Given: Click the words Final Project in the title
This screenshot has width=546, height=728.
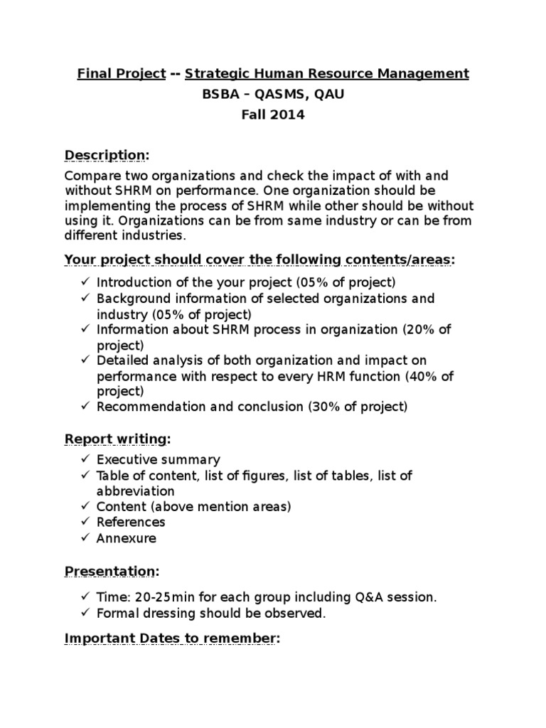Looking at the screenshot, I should point(122,74).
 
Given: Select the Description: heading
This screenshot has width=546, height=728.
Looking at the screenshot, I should point(107,155).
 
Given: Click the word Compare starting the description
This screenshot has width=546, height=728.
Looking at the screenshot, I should point(92,176).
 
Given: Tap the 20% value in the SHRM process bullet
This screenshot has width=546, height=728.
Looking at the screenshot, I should point(419,329).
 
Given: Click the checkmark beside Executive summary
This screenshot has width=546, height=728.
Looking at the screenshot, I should point(85,459).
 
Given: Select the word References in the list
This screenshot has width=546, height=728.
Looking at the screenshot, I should point(131,522).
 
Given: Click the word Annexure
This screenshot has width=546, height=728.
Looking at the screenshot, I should point(126,538).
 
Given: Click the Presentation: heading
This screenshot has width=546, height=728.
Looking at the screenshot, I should point(112,572).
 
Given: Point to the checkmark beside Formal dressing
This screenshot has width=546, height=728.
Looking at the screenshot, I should point(85,613).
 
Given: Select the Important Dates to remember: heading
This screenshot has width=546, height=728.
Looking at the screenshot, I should point(172,639).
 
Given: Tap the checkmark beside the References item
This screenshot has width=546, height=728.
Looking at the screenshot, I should point(85,522).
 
